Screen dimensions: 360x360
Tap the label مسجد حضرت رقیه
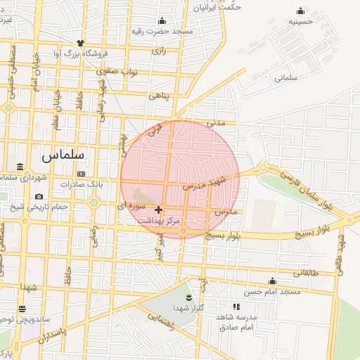(162, 32)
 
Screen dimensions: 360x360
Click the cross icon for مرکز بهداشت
(158, 210)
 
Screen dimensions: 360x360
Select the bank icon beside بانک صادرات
(81, 174)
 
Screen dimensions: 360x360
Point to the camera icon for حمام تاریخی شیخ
(38, 196)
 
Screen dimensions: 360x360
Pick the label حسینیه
(301, 22)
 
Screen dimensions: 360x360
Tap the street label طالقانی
(305, 273)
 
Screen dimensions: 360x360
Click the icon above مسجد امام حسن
(271, 281)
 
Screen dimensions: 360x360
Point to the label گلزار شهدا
(188, 309)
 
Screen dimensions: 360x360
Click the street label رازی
(159, 51)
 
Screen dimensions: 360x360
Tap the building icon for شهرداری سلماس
(19, 167)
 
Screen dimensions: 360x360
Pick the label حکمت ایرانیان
(217, 8)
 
